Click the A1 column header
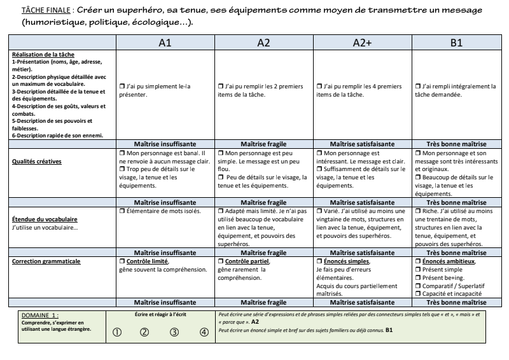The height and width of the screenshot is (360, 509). tap(164, 43)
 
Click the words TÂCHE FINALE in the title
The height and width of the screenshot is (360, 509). tap(46, 11)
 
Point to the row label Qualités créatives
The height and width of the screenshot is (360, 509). tap(37, 162)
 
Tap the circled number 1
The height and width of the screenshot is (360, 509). tap(116, 331)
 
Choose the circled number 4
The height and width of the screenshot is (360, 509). tap(204, 331)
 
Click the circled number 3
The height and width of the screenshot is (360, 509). tap(174, 331)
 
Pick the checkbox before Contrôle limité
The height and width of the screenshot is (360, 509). tap(122, 261)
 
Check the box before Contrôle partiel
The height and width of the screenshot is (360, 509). tap(220, 261)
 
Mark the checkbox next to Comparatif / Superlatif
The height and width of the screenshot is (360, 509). tap(417, 286)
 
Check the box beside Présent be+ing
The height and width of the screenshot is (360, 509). tap(417, 278)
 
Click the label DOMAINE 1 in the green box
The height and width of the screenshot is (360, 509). tap(40, 315)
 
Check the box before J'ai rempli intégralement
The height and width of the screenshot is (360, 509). tap(417, 86)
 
